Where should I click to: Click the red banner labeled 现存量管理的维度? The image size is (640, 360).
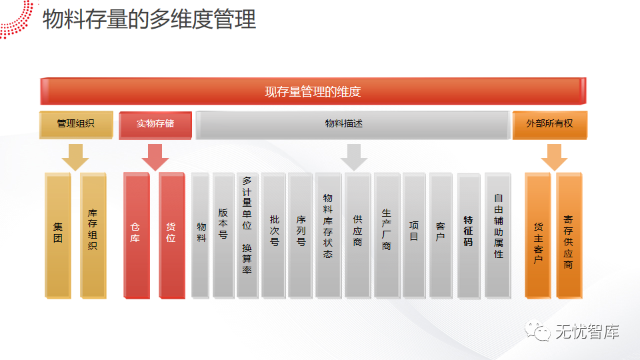tap(313, 91)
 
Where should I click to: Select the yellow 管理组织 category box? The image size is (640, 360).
tap(75, 125)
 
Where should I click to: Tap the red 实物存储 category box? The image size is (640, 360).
tap(155, 125)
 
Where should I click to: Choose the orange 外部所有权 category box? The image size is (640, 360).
tap(549, 125)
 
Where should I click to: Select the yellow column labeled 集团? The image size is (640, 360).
tap(58, 235)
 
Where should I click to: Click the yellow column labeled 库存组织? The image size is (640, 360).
tap(93, 235)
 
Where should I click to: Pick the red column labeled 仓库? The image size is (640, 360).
tap(136, 235)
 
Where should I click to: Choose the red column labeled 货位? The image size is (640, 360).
tap(171, 235)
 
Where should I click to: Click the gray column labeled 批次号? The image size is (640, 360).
tap(273, 235)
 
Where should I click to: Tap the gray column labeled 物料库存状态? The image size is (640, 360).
tap(328, 235)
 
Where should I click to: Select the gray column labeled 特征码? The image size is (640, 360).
tap(469, 235)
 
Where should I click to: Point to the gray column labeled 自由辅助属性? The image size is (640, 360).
tap(498, 235)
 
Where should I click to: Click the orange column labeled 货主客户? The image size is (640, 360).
tap(537, 235)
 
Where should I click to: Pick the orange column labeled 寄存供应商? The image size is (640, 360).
tap(569, 235)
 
